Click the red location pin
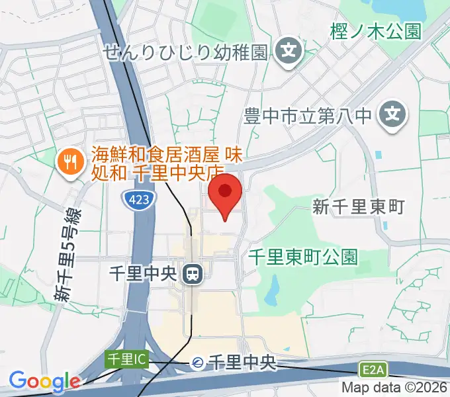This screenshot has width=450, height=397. [225, 194]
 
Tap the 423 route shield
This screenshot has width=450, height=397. [138, 200]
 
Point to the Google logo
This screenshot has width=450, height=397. [44, 382]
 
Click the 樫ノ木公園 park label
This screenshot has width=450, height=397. [375, 31]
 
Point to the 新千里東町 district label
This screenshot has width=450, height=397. [358, 207]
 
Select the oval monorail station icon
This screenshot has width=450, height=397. [197, 362]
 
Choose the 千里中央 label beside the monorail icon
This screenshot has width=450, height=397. [242, 362]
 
